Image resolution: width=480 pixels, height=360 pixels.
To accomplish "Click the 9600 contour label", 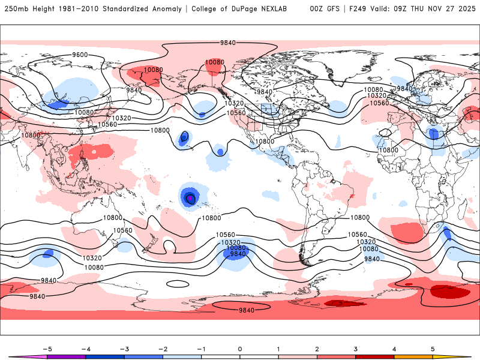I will [80, 55].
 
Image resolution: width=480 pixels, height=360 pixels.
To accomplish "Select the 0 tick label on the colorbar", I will [240, 349].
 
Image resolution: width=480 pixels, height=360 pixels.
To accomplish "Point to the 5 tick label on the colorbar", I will [433, 349].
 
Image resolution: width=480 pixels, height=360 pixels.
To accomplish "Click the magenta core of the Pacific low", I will [190, 197].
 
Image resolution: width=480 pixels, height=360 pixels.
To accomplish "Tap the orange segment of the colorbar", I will [413, 357].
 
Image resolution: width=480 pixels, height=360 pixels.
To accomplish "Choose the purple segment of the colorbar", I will [66, 357].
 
